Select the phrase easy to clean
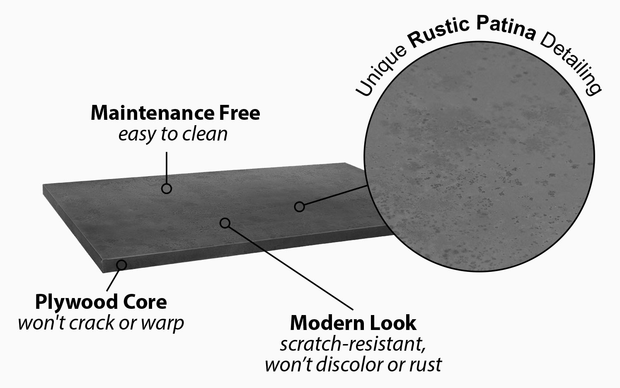pos(173,134)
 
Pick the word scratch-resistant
pos(353,344)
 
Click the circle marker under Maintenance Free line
pos(166,189)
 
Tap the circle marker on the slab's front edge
pos(121,264)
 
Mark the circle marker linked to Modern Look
pos(225,223)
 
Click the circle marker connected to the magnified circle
pos(299,206)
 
